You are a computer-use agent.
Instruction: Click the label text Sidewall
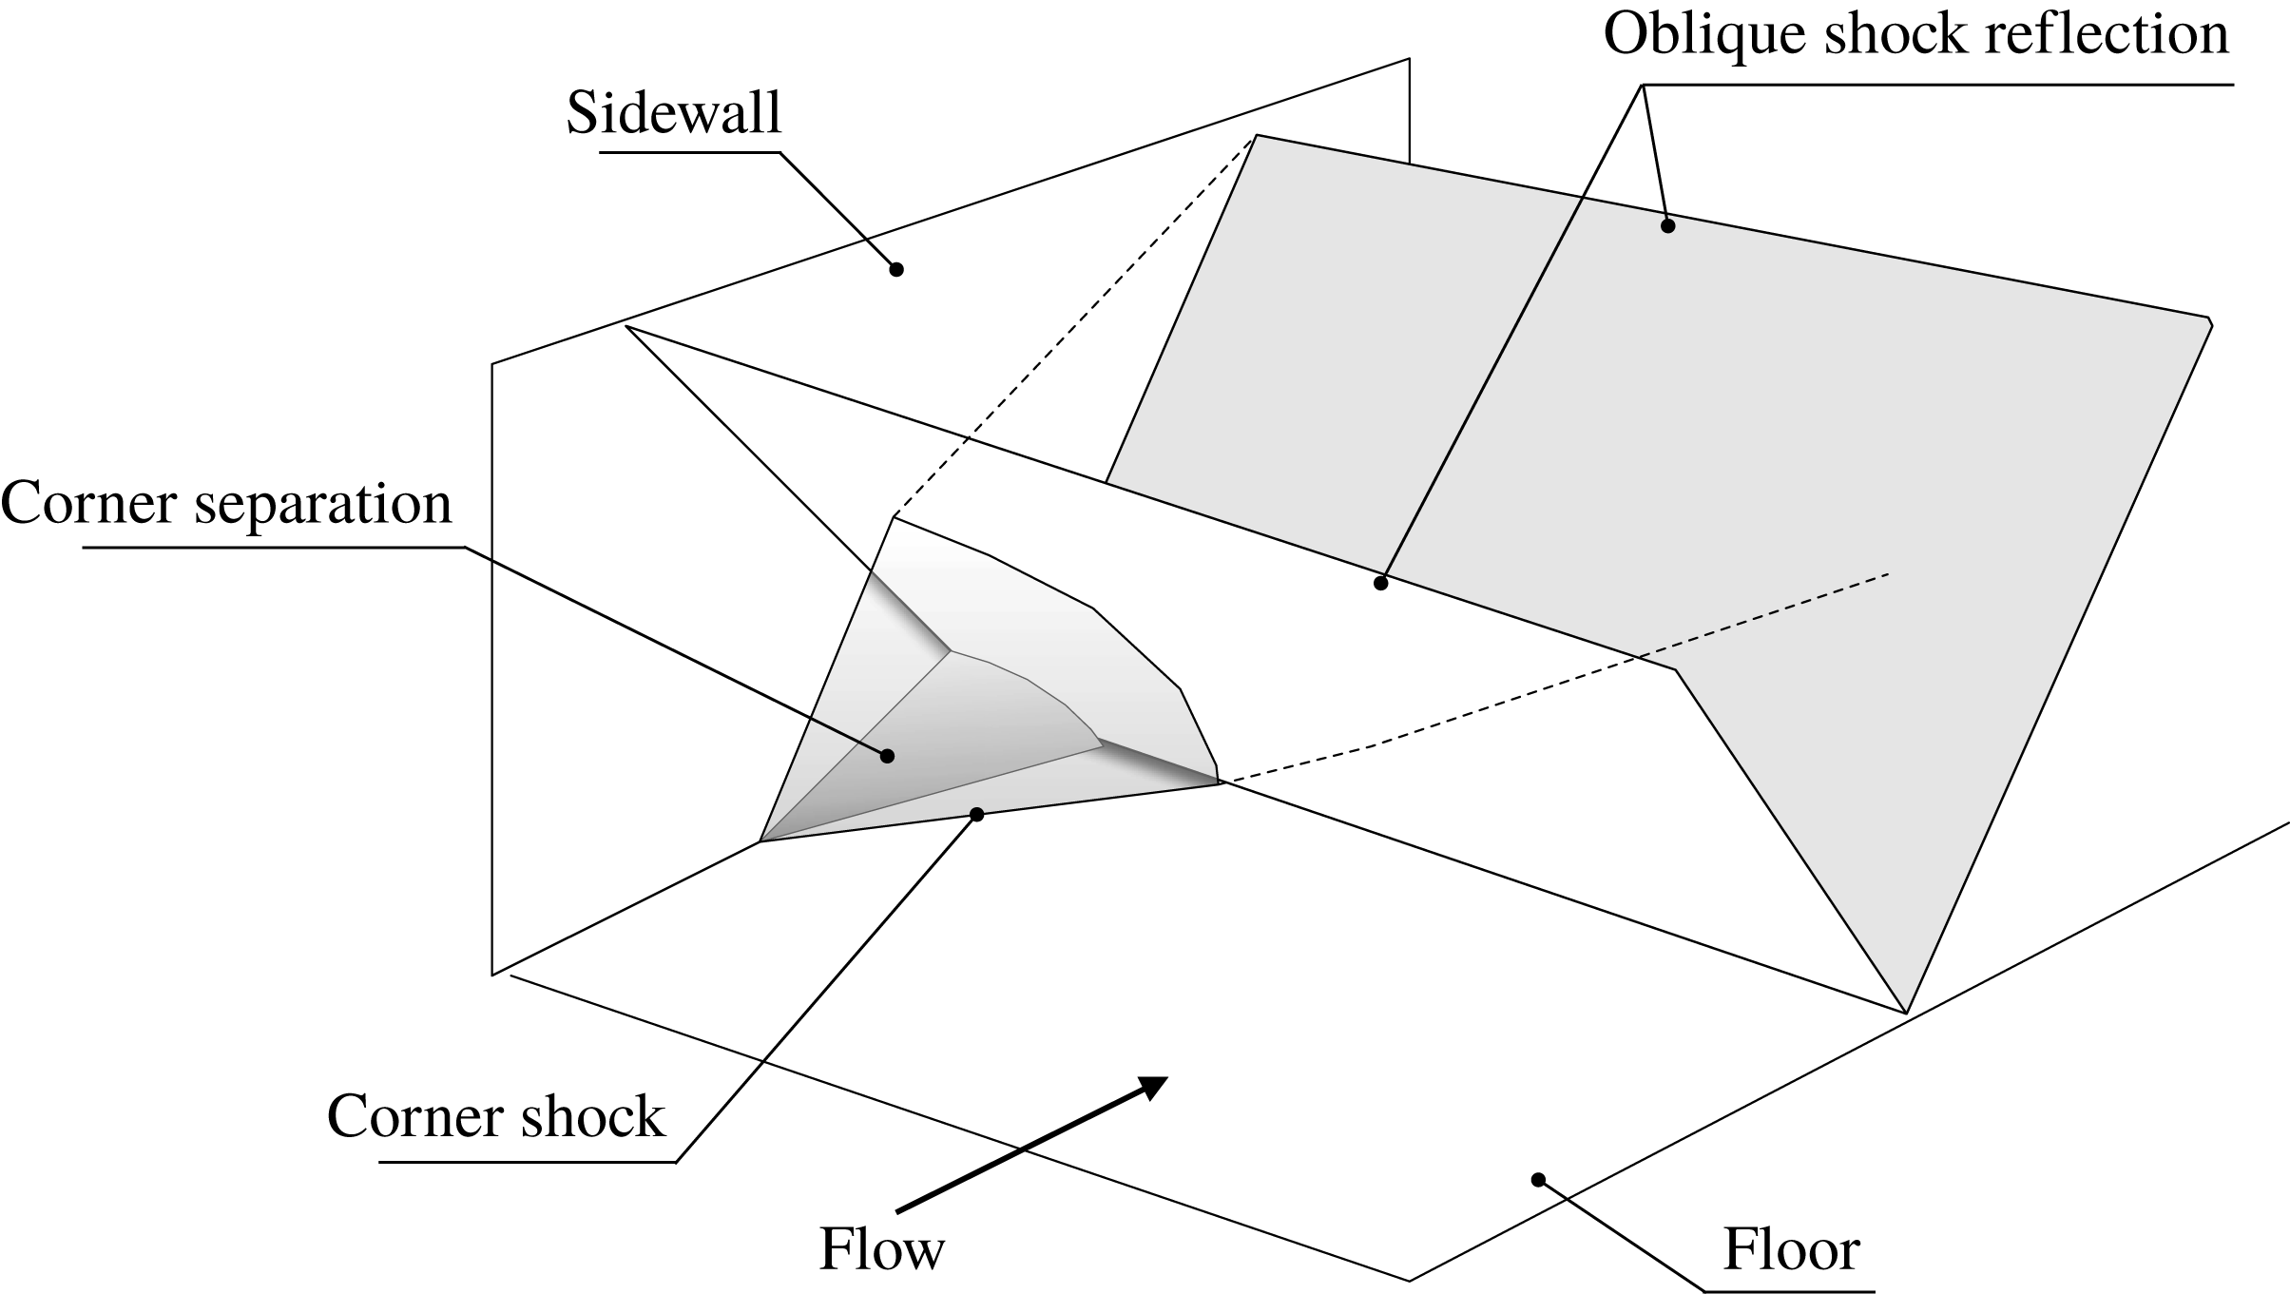(x=673, y=113)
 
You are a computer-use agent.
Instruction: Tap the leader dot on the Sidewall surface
(x=895, y=270)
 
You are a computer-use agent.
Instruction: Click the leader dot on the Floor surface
(x=1538, y=1179)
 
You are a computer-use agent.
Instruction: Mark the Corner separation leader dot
(x=887, y=756)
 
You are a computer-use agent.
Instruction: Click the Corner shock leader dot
(x=976, y=814)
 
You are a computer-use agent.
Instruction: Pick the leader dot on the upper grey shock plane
(x=1667, y=225)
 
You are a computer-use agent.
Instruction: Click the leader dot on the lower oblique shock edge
(x=1381, y=583)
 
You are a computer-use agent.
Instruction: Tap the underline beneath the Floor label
(x=1787, y=1290)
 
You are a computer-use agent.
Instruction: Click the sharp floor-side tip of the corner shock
(x=761, y=840)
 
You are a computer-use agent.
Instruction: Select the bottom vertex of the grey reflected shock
(x=1906, y=1012)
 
